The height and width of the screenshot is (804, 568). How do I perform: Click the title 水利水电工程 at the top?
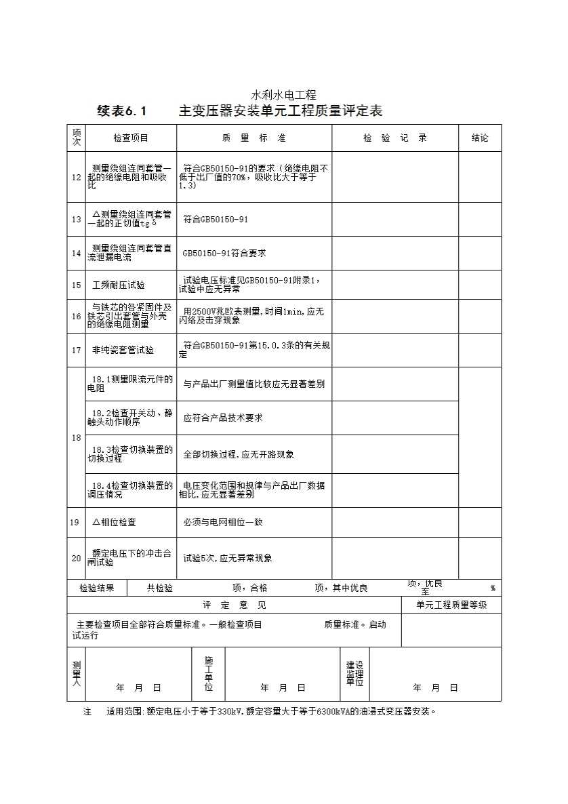(284, 96)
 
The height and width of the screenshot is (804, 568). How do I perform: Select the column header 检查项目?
(131, 138)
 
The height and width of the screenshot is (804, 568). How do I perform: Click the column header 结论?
(480, 138)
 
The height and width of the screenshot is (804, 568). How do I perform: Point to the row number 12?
(76, 177)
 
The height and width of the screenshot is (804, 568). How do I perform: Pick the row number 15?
(76, 285)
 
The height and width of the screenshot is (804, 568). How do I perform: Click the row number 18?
(76, 438)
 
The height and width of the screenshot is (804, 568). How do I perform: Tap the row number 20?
(76, 558)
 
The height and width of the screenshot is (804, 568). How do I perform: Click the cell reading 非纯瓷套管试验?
(123, 350)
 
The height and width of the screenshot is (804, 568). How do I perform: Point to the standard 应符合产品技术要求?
(223, 418)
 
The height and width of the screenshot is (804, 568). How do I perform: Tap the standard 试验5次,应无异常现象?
(228, 558)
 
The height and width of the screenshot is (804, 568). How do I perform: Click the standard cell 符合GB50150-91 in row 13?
(216, 220)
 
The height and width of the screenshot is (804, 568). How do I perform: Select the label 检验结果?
(97, 588)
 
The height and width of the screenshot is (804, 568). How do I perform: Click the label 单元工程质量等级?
(451, 605)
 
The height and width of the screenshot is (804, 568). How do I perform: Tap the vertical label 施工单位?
(209, 673)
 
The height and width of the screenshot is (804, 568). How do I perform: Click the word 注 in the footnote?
(87, 712)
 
